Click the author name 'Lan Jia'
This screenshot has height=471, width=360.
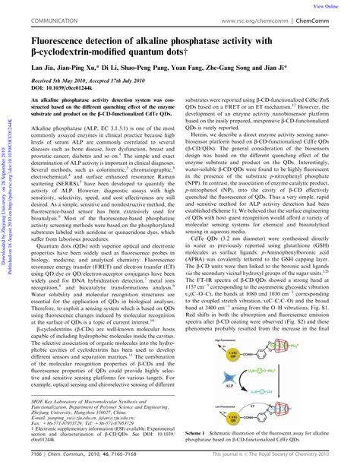pos(43,76)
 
